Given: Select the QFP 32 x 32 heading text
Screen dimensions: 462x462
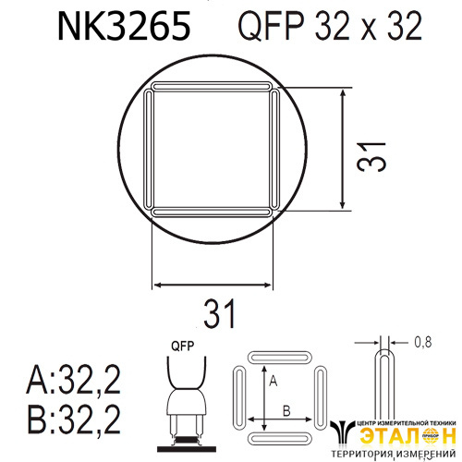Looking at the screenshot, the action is [x=330, y=27].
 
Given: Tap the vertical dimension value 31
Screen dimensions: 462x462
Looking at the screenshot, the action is [x=371, y=157].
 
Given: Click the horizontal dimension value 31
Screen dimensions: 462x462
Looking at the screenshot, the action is [x=219, y=313].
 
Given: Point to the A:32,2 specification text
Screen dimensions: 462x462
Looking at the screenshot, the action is [x=74, y=380].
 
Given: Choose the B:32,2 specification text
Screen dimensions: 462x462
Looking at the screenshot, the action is [x=74, y=419].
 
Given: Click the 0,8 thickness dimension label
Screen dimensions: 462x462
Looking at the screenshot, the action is [x=423, y=342].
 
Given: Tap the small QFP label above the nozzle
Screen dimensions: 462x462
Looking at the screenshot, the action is [x=183, y=346].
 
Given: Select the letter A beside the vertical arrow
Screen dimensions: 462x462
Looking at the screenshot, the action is [x=274, y=382].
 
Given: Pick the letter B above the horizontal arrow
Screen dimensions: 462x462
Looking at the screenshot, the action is [x=286, y=411].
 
